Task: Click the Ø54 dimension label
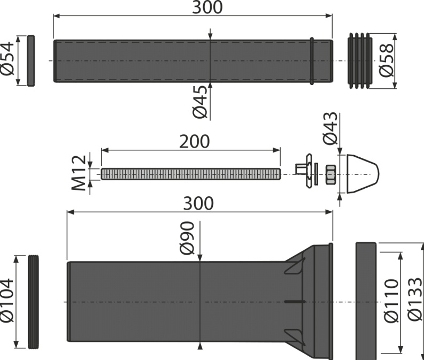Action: coord(7,59)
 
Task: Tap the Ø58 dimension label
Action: coord(386,60)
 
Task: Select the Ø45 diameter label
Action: coord(200,102)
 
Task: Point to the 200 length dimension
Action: coord(195,141)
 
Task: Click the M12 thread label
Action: coord(79,173)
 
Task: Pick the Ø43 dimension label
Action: coord(330,128)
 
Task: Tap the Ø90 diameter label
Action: coord(187,238)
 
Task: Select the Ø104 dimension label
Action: coord(7,301)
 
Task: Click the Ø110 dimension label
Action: coord(391,301)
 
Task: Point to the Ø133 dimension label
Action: coord(415,300)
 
